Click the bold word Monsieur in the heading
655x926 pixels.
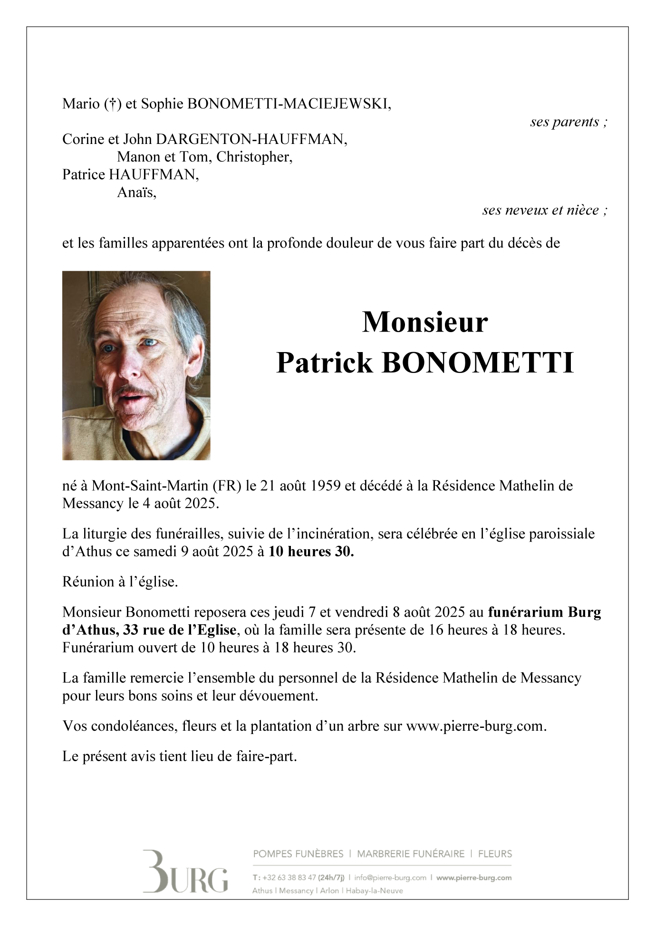[x=425, y=322]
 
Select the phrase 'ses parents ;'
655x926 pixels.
[x=568, y=122]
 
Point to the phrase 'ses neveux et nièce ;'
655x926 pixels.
[x=545, y=210]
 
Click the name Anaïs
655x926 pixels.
[x=136, y=192]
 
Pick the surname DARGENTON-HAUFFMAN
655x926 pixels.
[x=251, y=139]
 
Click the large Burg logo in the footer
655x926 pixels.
[x=185, y=871]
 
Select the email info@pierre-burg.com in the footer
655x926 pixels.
[x=390, y=878]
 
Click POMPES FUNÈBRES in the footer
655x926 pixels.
[x=298, y=854]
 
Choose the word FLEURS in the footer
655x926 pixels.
[x=495, y=854]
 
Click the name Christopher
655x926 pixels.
[x=254, y=157]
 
